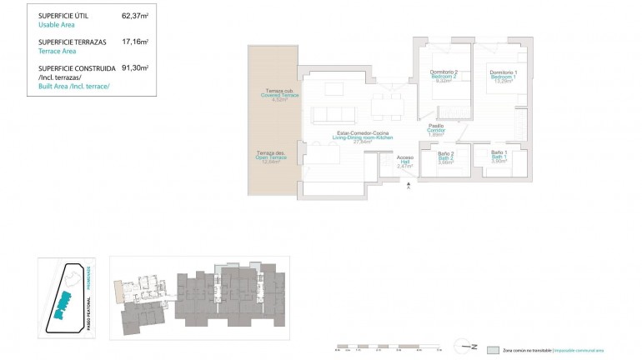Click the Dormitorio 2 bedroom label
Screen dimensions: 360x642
click(444, 76)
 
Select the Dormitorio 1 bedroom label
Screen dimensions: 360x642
click(504, 76)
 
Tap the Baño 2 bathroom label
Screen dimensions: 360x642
click(445, 157)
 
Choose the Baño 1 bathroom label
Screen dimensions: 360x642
click(499, 156)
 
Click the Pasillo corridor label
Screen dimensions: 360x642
click(435, 129)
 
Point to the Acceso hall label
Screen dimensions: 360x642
click(404, 162)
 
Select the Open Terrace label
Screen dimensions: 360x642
click(271, 157)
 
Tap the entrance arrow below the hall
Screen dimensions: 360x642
click(408, 188)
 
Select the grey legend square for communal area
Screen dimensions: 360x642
click(494, 351)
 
